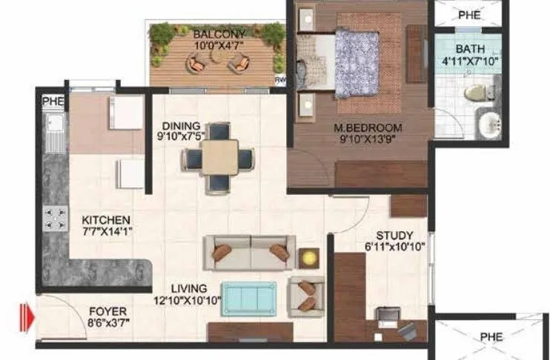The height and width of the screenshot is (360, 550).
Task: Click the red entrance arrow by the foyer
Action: (x=27, y=317)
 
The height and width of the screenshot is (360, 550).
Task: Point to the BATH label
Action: (x=471, y=49)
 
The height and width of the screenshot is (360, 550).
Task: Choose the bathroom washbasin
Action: (x=490, y=124)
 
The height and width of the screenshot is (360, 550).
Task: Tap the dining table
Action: (x=219, y=157)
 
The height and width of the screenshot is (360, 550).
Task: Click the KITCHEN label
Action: (x=107, y=220)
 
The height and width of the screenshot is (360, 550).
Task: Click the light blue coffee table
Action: (x=250, y=298)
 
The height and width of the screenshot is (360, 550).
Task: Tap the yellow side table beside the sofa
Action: (x=308, y=257)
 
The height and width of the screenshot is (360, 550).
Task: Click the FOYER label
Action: (x=107, y=311)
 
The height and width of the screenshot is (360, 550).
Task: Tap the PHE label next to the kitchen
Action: (x=50, y=100)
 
